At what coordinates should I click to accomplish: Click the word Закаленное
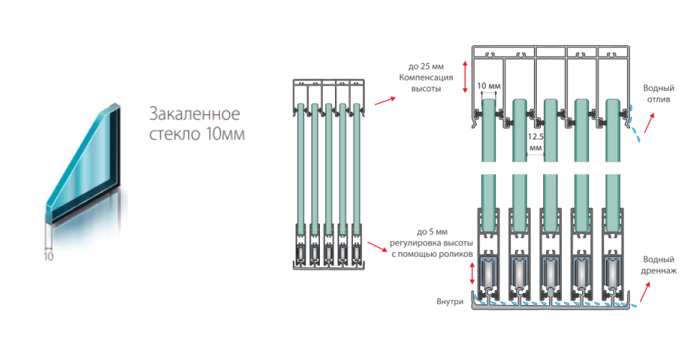pyautogui.click(x=193, y=114)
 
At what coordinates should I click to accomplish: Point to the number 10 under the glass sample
pyautogui.click(x=49, y=255)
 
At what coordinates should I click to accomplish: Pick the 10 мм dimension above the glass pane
pyautogui.click(x=488, y=86)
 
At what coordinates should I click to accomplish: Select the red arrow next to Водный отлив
pyautogui.click(x=648, y=124)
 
